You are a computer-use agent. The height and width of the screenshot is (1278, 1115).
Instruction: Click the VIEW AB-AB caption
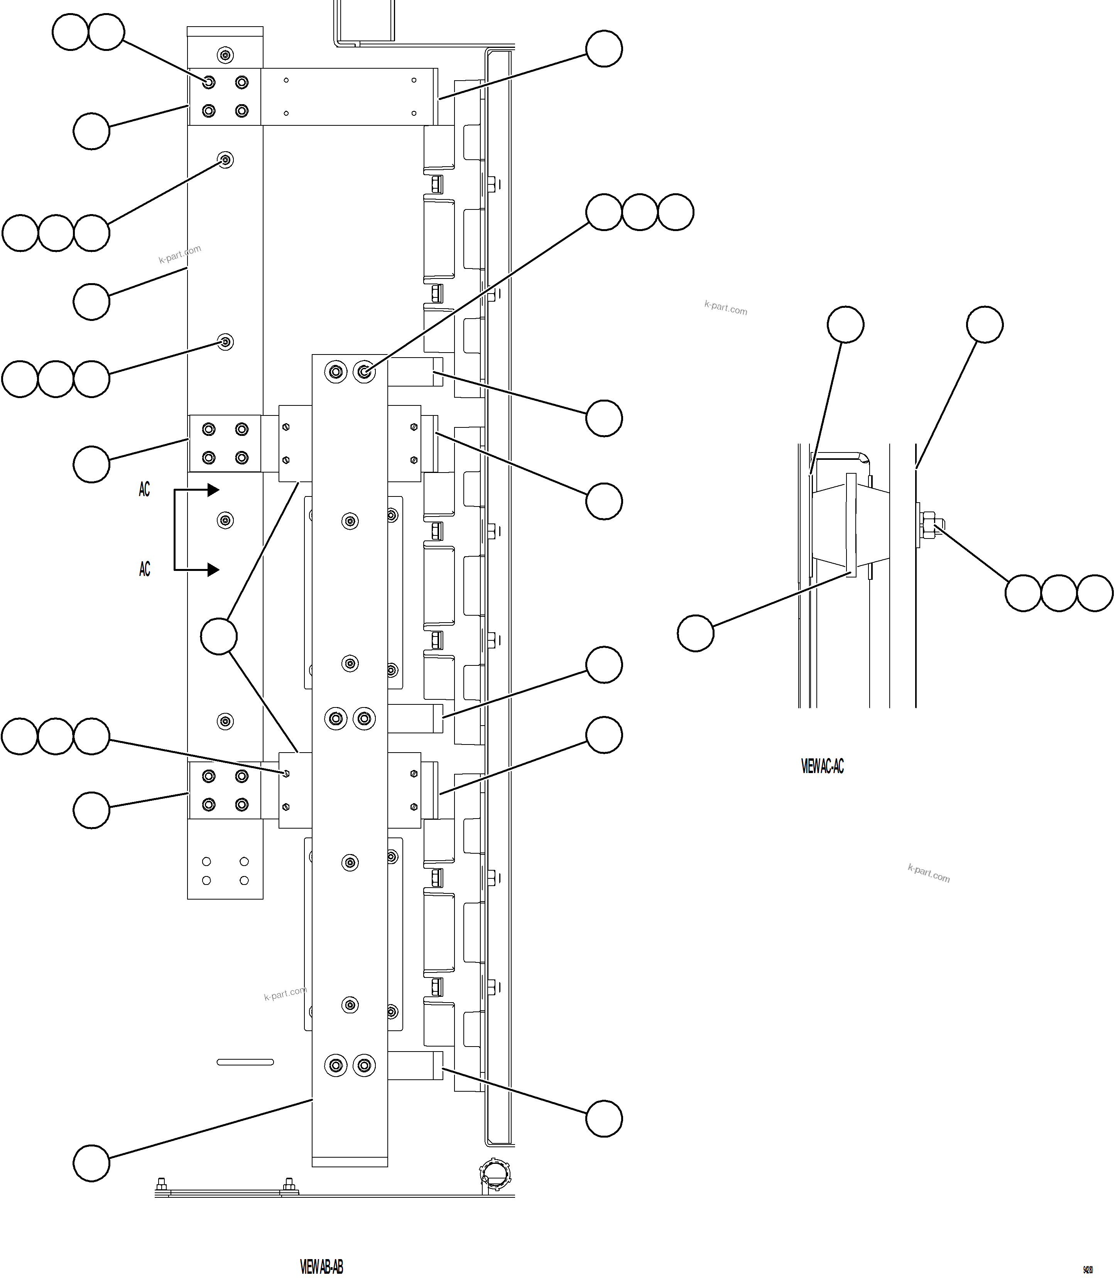pyautogui.click(x=321, y=1266)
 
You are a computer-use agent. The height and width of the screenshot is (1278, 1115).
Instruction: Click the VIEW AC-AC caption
pyautogui.click(x=822, y=766)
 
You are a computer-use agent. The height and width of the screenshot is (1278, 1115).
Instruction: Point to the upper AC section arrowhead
pyautogui.click(x=213, y=490)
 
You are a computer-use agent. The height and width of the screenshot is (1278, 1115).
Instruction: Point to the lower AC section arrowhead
pyautogui.click(x=213, y=569)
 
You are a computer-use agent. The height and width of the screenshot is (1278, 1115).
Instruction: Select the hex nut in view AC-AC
pyautogui.click(x=928, y=525)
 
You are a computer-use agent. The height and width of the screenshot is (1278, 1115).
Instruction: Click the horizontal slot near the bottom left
pyautogui.click(x=245, y=1062)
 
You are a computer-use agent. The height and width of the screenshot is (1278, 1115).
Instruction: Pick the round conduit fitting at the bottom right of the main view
pyautogui.click(x=495, y=1174)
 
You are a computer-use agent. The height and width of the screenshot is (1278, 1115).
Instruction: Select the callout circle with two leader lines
pyautogui.click(x=219, y=636)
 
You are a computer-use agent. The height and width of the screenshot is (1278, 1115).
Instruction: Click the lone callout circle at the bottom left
pyautogui.click(x=91, y=1162)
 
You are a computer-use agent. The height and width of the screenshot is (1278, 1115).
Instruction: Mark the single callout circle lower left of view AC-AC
pyautogui.click(x=695, y=633)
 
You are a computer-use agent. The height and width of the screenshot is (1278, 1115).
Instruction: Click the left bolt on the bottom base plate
pyautogui.click(x=162, y=1183)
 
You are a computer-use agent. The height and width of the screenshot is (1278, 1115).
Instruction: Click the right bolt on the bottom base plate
pyautogui.click(x=289, y=1183)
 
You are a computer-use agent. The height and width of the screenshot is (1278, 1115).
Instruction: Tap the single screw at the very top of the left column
pyautogui.click(x=225, y=56)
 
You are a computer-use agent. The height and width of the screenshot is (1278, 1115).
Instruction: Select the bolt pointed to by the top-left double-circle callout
pyautogui.click(x=209, y=82)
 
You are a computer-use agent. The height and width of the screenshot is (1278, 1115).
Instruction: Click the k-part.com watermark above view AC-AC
pyautogui.click(x=725, y=307)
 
